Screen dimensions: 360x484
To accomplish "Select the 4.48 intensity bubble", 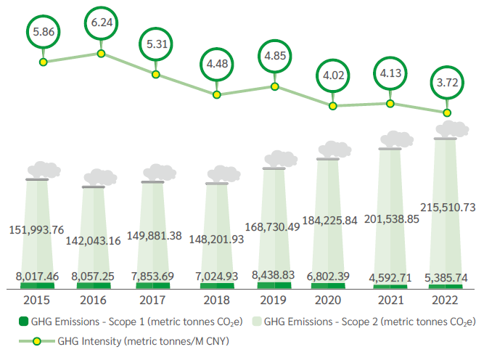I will point(216,64).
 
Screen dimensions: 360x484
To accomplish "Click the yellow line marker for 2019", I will point(274,86).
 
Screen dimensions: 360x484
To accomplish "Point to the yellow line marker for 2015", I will point(44,62).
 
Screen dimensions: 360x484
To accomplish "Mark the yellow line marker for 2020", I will point(332,106).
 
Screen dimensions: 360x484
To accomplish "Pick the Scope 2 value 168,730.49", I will point(274,228).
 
